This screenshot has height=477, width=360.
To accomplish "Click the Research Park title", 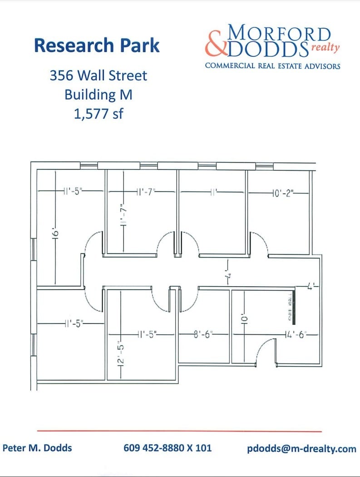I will (x=97, y=45).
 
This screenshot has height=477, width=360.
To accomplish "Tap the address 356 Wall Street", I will (x=98, y=75).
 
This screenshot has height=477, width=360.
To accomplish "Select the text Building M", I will (x=98, y=94).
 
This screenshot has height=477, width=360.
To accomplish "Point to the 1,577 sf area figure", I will (x=98, y=114).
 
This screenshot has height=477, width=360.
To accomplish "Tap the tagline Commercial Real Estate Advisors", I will (x=272, y=66).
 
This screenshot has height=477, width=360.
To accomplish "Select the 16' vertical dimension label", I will (x=55, y=235).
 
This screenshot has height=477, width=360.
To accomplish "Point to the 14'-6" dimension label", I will (x=296, y=334).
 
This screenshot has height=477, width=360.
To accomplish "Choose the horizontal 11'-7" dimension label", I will (x=145, y=193).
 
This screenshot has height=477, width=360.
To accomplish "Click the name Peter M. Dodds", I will (x=37, y=448).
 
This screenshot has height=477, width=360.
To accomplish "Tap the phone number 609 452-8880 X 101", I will (x=168, y=448).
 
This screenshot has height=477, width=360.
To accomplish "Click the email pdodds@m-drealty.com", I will (x=301, y=449).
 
